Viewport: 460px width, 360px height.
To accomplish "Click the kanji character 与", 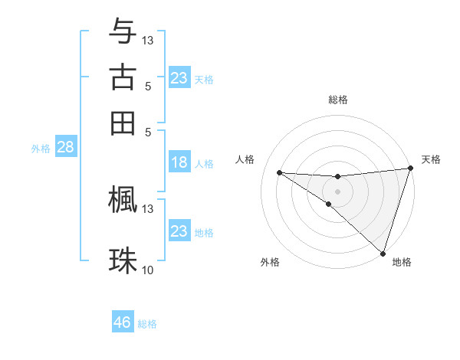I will pyautogui.click(x=123, y=31).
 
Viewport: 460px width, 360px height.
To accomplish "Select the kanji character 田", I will pyautogui.click(x=123, y=123).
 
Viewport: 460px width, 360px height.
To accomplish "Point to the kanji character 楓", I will pyautogui.click(x=123, y=200).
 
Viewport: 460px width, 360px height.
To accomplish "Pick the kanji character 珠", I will pyautogui.click(x=123, y=260).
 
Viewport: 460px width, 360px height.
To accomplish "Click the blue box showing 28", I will pyautogui.click(x=65, y=148).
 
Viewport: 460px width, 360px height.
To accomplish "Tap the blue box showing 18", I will pyautogui.click(x=179, y=162).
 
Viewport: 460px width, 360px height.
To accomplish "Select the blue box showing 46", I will pyautogui.click(x=123, y=322).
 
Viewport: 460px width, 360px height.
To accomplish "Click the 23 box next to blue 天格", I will pyautogui.click(x=179, y=78).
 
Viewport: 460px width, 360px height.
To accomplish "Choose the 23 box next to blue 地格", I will pyautogui.click(x=179, y=231).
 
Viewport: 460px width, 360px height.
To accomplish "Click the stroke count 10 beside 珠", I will pyautogui.click(x=148, y=270).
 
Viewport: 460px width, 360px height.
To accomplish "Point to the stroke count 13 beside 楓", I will pyautogui.click(x=148, y=208).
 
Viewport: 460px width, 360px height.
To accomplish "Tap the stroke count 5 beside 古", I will pyautogui.click(x=148, y=86).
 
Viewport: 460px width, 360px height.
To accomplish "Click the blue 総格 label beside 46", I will pyautogui.click(x=148, y=324).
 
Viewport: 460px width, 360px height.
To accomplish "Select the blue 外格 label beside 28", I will pyautogui.click(x=41, y=149).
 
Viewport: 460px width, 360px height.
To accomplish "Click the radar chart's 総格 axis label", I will pyautogui.click(x=337, y=100).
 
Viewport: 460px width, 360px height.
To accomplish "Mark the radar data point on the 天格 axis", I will pyautogui.click(x=410, y=169).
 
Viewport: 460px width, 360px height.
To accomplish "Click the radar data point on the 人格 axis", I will pyautogui.click(x=279, y=172).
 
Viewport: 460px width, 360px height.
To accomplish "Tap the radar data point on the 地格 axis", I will pyautogui.click(x=383, y=253).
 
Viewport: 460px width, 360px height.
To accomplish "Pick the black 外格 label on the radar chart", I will pyautogui.click(x=270, y=262).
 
